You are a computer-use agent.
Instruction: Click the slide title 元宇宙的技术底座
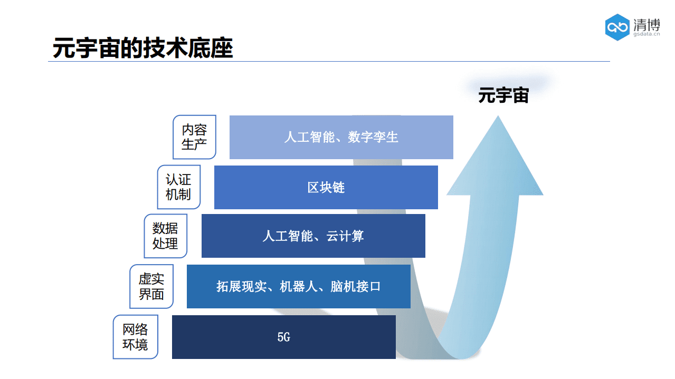142,47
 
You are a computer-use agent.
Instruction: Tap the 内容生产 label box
194,137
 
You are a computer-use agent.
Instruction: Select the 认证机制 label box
179,187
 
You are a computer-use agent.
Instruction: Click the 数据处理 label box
165,236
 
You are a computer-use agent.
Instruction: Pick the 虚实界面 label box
151,286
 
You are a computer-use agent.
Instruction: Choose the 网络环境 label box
135,337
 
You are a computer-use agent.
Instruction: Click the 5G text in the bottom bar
284,337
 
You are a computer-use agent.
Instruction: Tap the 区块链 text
326,188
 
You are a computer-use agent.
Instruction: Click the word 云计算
345,236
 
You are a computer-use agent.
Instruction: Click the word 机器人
298,287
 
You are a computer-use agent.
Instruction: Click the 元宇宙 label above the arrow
503,96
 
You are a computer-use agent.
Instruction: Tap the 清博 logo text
647,24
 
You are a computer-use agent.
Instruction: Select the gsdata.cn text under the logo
647,35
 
